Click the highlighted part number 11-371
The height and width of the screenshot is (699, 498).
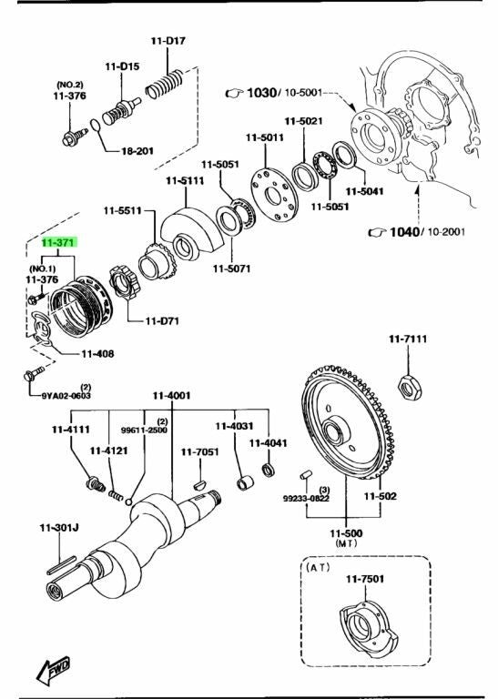click(59, 243)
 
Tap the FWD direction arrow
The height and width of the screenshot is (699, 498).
click(53, 670)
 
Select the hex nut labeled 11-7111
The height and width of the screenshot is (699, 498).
click(410, 388)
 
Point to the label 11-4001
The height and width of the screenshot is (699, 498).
click(172, 395)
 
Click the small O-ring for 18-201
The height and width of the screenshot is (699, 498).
click(96, 126)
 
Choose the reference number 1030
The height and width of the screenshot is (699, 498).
click(261, 93)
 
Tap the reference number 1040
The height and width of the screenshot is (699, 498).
click(404, 232)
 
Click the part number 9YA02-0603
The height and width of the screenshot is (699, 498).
click(66, 395)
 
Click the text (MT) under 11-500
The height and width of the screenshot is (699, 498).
click(347, 543)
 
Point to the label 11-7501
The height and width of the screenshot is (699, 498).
click(365, 579)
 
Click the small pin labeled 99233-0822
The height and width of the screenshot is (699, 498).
click(305, 474)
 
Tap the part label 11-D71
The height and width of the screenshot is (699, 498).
click(162, 321)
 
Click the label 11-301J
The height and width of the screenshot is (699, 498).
click(59, 528)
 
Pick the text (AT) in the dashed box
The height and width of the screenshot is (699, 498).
click(318, 567)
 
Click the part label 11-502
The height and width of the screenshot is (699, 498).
click(380, 496)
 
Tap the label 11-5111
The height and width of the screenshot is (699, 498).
click(185, 181)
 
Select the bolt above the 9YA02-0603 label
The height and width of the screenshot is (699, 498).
click(34, 373)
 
